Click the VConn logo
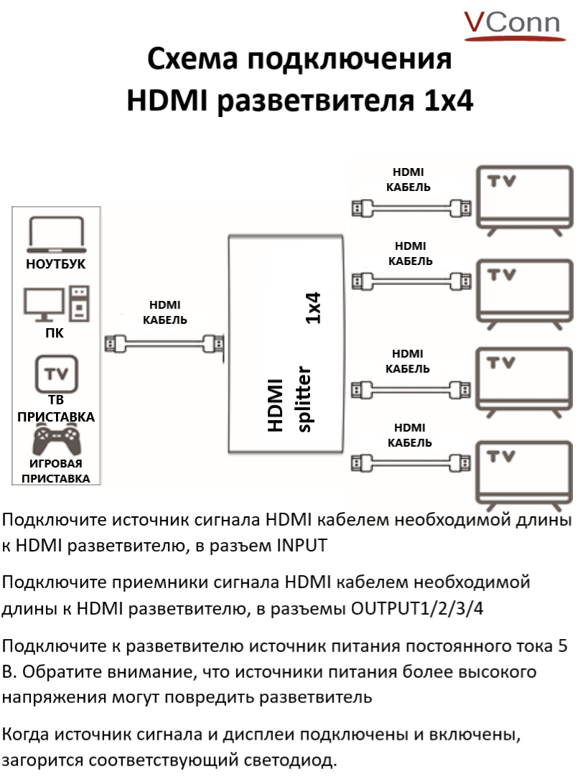pos(510,24)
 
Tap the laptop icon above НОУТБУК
pos(56,233)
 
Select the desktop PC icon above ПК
pos(57,304)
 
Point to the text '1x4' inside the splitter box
pos(313,307)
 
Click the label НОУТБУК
pos(55,264)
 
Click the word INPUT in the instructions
pos(302,545)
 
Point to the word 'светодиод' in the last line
pos(286,760)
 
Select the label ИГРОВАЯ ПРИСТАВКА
pos(55,471)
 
